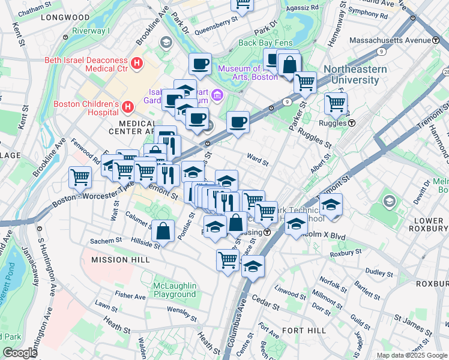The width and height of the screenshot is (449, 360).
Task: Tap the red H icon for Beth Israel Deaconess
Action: [137, 62]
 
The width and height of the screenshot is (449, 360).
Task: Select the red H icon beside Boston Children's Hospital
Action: [127, 107]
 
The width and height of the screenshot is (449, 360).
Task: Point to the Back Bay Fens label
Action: [264, 43]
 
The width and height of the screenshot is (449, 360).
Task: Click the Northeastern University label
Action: [355, 74]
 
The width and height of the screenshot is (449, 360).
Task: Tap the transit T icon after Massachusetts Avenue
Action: [435, 40]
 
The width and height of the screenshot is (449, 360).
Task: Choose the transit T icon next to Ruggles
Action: [352, 123]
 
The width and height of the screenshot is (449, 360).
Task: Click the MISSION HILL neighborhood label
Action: [118, 260]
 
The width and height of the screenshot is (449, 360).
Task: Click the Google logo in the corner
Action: [20, 353]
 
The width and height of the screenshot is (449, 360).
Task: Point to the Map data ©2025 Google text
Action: [411, 355]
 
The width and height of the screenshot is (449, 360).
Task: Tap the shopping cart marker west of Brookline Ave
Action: [80, 177]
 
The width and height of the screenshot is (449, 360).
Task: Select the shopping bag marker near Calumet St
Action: [163, 230]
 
